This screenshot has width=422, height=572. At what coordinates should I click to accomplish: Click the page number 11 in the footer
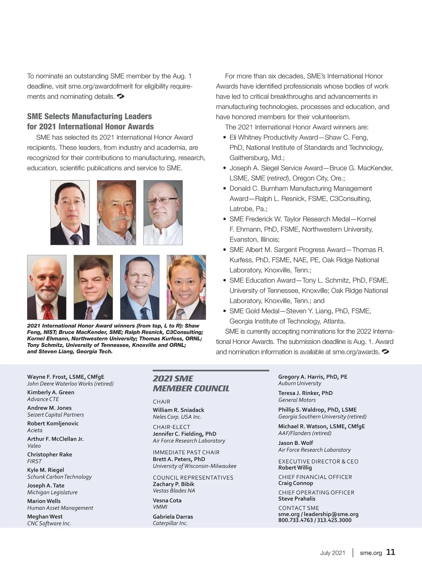pyautogui.click(x=390, y=552)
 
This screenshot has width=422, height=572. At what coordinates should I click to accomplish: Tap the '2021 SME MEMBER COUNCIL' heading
pyautogui.click(x=191, y=383)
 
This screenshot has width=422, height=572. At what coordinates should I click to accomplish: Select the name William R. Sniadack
pyautogui.click(x=178, y=410)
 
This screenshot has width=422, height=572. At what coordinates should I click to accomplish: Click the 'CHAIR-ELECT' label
pyautogui.click(x=171, y=427)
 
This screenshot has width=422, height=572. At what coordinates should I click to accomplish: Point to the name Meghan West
pyautogui.click(x=45, y=516)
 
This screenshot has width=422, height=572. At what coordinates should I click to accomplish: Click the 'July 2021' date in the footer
pyautogui.click(x=332, y=553)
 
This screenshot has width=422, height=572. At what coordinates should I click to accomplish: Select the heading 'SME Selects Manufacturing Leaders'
pyautogui.click(x=89, y=116)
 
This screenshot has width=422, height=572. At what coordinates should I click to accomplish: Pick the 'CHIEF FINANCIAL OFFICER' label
pyautogui.click(x=315, y=477)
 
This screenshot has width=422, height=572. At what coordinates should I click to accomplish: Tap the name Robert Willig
pyautogui.click(x=295, y=468)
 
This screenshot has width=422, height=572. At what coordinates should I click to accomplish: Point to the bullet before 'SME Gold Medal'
pyautogui.click(x=224, y=311)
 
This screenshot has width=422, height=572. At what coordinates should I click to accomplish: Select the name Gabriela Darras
pyautogui.click(x=173, y=516)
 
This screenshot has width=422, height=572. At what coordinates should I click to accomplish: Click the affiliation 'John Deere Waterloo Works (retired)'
pyautogui.click(x=70, y=383)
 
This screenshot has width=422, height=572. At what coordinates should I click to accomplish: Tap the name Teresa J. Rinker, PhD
pyautogui.click(x=305, y=393)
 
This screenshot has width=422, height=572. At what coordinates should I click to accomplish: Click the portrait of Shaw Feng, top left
pyautogui.click(x=70, y=212)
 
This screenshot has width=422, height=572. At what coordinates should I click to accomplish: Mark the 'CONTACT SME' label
pyautogui.click(x=299, y=508)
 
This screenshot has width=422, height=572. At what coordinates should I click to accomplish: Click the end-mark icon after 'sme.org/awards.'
pyautogui.click(x=385, y=351)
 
